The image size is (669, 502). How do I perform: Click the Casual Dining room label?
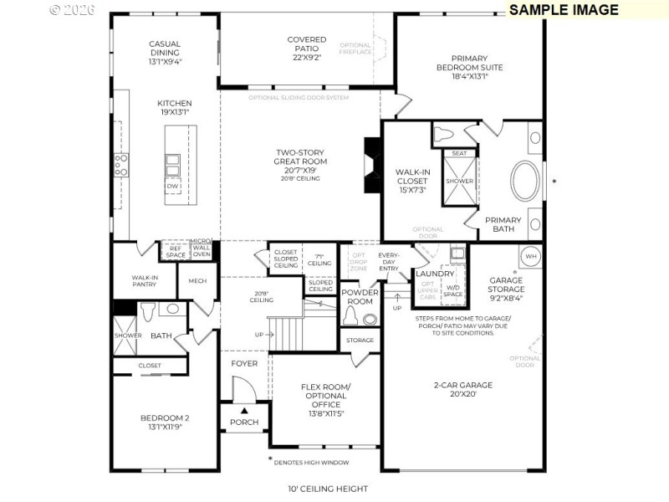point(165,53)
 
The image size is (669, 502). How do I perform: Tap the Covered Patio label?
point(307,49)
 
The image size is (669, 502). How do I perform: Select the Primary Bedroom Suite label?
point(469,63)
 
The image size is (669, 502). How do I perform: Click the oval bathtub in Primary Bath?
point(525,179)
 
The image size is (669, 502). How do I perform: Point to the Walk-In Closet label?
point(412,181)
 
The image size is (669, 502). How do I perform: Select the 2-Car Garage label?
point(462,390)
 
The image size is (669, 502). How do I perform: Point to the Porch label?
point(244,422)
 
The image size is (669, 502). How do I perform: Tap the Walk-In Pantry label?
point(146,282)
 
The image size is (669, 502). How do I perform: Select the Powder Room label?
point(360,296)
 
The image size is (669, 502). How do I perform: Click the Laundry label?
point(436,274)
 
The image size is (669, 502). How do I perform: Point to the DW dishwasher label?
point(172,187)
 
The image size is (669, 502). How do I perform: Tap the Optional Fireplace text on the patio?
point(355,49)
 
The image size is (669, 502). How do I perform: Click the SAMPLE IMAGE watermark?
point(564,10)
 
